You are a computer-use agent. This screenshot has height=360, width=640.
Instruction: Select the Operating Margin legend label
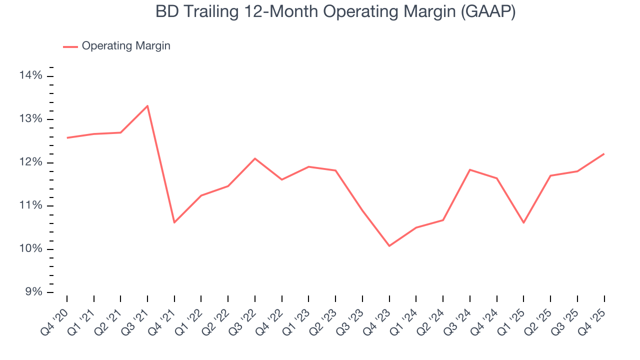pyautogui.click(x=126, y=46)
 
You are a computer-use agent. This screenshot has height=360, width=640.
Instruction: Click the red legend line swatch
pyautogui.click(x=70, y=46)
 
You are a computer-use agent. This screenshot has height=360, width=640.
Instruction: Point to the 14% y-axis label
pyautogui.click(x=31, y=75)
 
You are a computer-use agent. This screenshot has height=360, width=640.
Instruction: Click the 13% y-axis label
pyautogui.click(x=31, y=119)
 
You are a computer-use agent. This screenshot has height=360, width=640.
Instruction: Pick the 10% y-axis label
pyautogui.click(x=31, y=249)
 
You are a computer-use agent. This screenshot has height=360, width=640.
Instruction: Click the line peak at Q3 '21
pyautogui.click(x=147, y=105)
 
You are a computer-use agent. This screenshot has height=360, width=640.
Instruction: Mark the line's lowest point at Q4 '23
pyautogui.click(x=389, y=246)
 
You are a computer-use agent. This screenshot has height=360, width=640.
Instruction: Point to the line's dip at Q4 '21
pyautogui.click(x=174, y=222)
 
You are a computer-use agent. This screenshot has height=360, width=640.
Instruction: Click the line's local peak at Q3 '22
pyautogui.click(x=255, y=158)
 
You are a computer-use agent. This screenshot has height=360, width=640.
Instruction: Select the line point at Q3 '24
pyautogui.click(x=470, y=169)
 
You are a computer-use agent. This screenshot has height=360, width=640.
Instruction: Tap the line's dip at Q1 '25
pyautogui.click(x=523, y=222)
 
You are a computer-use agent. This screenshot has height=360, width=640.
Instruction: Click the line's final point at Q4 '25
pyautogui.click(x=604, y=153)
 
